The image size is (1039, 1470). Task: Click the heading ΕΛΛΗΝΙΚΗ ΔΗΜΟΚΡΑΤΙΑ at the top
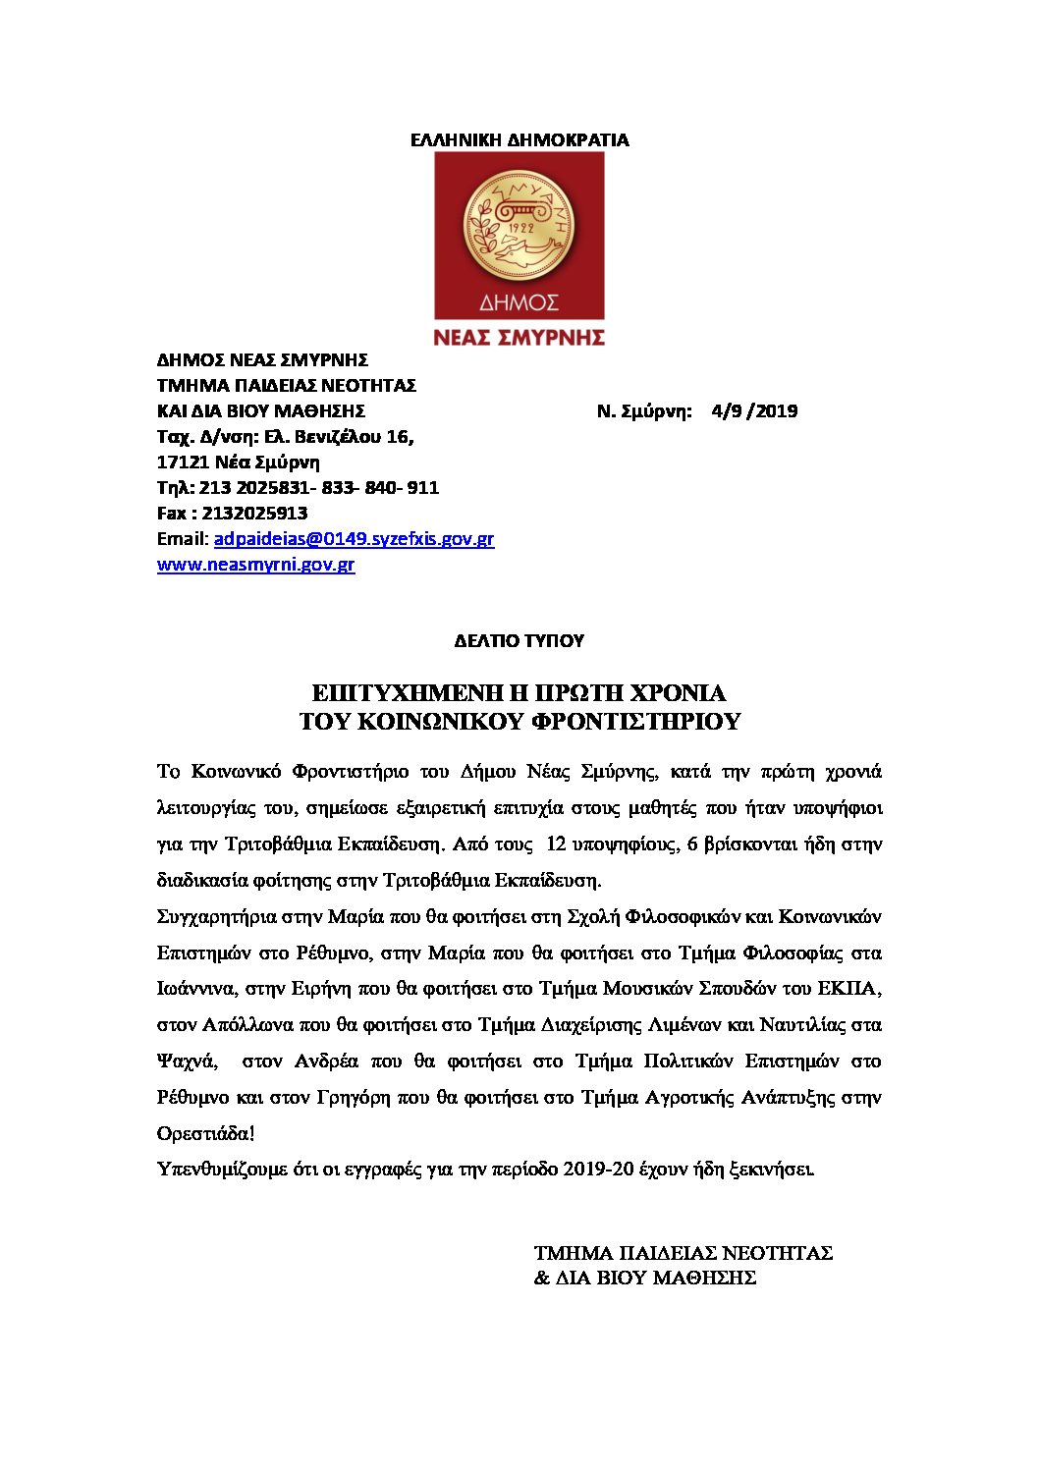click(x=519, y=140)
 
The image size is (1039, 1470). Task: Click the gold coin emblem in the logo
click(x=518, y=227)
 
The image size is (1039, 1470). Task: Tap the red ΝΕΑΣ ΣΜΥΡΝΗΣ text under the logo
click(x=519, y=338)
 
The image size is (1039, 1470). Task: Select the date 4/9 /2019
click(x=754, y=411)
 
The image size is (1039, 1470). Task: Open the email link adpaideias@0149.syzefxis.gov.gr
click(x=354, y=539)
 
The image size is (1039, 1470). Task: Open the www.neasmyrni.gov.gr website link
click(x=255, y=565)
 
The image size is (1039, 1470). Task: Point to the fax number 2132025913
click(x=254, y=514)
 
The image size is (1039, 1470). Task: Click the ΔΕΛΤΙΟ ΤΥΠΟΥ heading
click(x=519, y=641)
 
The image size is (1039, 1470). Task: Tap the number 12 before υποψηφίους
click(x=556, y=844)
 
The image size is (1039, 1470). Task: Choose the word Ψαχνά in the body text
click(x=187, y=1062)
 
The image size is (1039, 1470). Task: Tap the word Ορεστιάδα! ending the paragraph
click(x=205, y=1134)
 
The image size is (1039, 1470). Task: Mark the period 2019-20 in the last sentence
click(x=599, y=1170)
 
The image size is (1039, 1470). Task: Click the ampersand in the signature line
click(x=542, y=1279)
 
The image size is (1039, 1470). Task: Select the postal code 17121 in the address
click(x=183, y=463)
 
